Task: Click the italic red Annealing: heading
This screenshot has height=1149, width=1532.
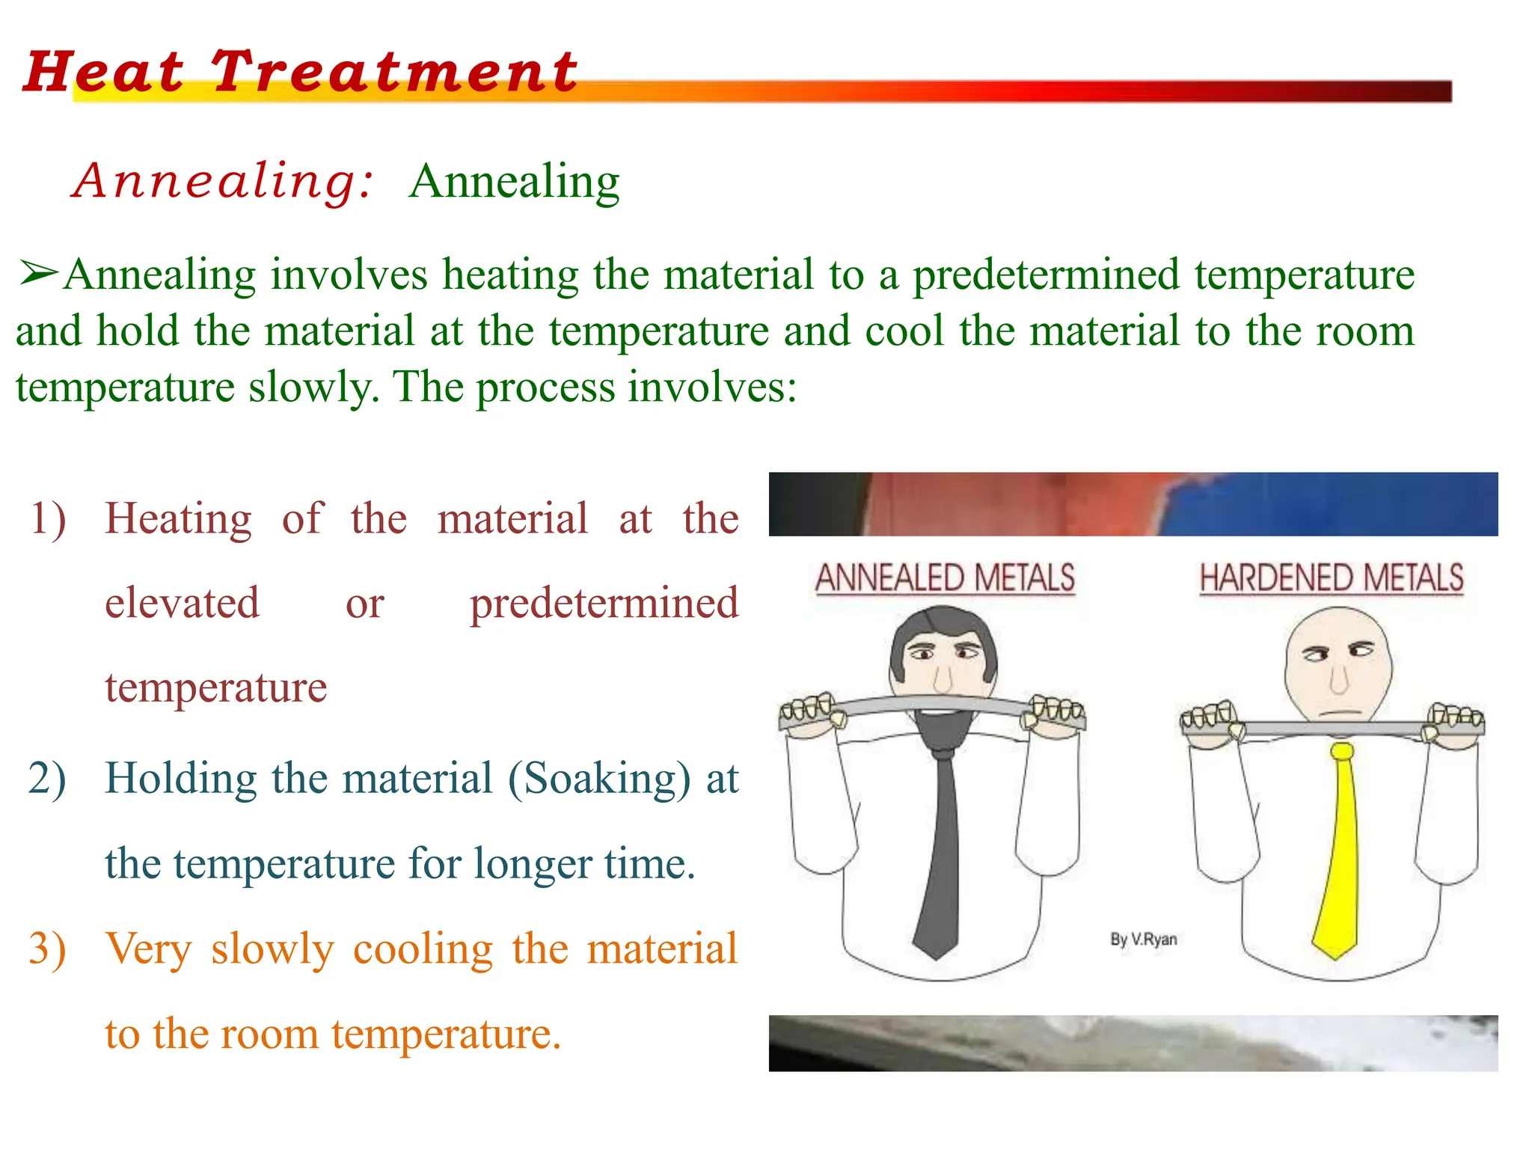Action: click(223, 182)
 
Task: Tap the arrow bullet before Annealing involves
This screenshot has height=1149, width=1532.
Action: click(37, 274)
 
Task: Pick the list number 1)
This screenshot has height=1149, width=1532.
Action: click(48, 518)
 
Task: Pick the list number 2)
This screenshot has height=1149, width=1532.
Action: click(48, 778)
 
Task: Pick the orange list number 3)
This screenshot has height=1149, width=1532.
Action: click(48, 949)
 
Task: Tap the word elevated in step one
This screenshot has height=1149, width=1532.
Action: click(183, 603)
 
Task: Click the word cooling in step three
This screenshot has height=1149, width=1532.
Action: click(423, 949)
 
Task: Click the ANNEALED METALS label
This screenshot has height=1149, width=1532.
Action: click(945, 579)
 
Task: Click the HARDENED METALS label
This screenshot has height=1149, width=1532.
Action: click(1332, 579)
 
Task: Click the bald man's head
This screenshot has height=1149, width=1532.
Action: click(1338, 658)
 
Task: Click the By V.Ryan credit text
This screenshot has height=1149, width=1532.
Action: click(1143, 940)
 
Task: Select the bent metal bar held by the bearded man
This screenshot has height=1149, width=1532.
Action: click(931, 704)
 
